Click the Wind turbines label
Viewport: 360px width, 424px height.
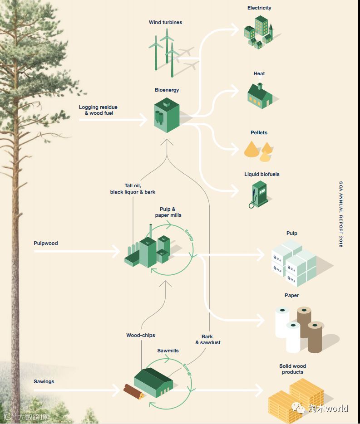(x=165, y=22)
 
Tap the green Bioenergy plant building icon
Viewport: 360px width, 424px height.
(x=167, y=116)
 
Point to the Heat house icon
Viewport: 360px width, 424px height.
(x=259, y=95)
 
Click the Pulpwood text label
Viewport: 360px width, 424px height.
(x=46, y=243)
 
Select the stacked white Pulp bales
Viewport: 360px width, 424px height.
(x=293, y=263)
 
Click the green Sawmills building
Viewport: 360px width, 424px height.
(x=154, y=384)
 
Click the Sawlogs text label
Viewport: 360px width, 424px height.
(x=44, y=381)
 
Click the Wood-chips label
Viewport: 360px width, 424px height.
(x=141, y=335)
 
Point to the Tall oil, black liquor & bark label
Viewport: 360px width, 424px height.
(x=133, y=189)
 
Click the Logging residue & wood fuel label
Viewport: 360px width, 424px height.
(x=98, y=110)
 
